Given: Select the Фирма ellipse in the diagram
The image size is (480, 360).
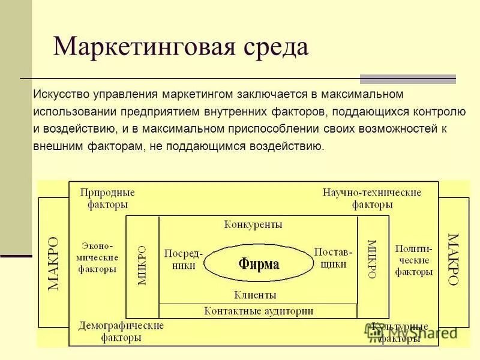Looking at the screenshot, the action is [x=259, y=263].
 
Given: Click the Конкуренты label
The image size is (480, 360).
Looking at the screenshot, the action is [x=253, y=224].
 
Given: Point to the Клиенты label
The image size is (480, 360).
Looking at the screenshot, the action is [x=255, y=295].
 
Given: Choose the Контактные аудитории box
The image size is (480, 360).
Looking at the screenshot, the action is [x=259, y=311].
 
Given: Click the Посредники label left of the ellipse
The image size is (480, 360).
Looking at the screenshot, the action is [x=184, y=257].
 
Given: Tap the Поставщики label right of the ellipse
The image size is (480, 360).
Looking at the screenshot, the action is [x=334, y=257].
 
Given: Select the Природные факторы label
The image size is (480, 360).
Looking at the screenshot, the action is [x=107, y=198].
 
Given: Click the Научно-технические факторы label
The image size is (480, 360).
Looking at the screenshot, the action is [x=372, y=198].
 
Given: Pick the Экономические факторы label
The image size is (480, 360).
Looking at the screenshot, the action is [x=98, y=257].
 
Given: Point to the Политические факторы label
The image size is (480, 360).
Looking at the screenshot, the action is [x=414, y=260].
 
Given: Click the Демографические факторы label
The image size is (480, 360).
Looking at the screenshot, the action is [x=121, y=331].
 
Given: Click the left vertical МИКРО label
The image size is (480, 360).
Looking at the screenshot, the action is [x=142, y=264].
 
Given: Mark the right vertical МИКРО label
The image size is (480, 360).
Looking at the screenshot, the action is [x=372, y=259].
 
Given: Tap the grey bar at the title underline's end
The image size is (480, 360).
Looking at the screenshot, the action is [x=407, y=79].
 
